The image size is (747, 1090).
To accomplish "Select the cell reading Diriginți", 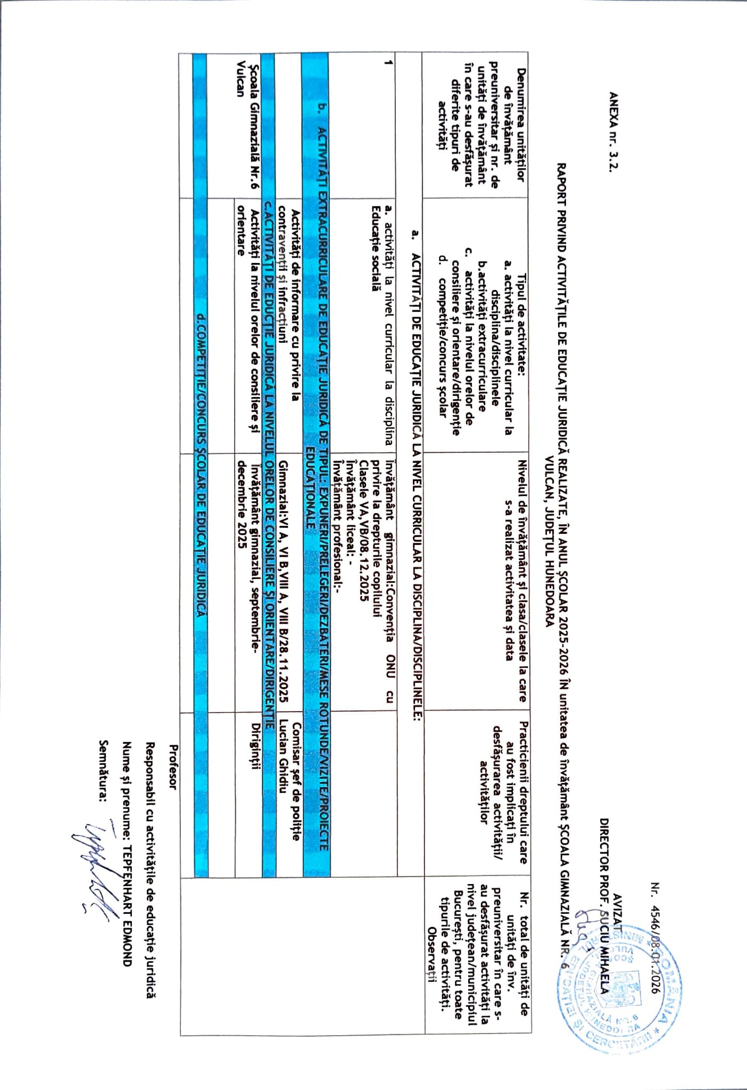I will point(256,745).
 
